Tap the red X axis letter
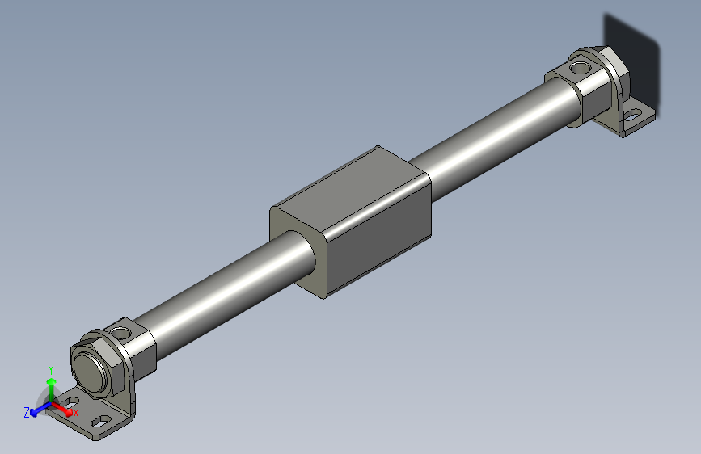tap(76, 413)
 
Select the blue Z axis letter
tap(27, 412)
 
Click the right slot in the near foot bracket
tap(101, 421)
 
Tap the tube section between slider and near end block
tap(218, 283)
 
